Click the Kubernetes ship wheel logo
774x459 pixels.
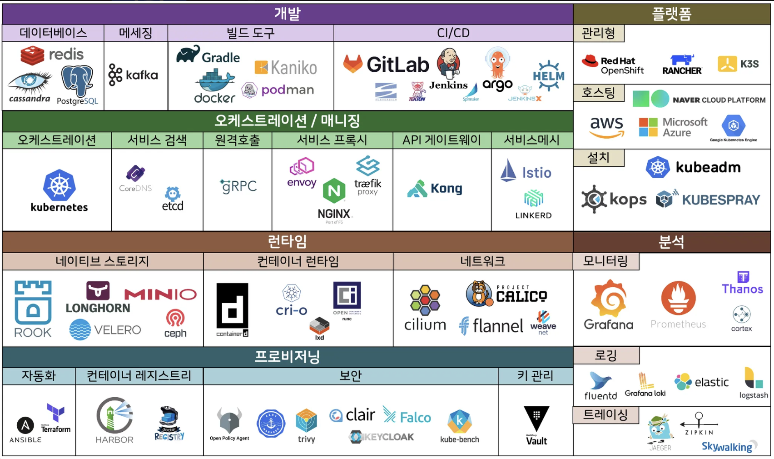pyautogui.click(x=59, y=185)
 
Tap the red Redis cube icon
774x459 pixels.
pyautogui.click(x=32, y=55)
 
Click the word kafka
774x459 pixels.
pyautogui.click(x=142, y=75)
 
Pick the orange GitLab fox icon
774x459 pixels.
pyautogui.click(x=352, y=64)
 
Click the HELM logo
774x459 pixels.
pyautogui.click(x=548, y=75)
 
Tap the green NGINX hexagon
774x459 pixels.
pyautogui.click(x=334, y=191)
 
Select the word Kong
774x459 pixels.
pyautogui.click(x=446, y=188)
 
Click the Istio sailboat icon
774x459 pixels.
pyautogui.click(x=508, y=171)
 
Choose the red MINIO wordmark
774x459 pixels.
pyautogui.click(x=160, y=294)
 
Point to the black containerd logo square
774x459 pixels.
pyautogui.click(x=232, y=305)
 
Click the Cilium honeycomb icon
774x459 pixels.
pyautogui.click(x=425, y=300)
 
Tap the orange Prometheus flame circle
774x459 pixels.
pyautogui.click(x=678, y=299)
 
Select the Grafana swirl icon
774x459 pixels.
pyautogui.click(x=609, y=298)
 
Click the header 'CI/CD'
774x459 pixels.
pyautogui.click(x=453, y=33)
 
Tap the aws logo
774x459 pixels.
pyautogui.click(x=606, y=126)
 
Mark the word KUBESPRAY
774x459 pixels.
pyautogui.click(x=720, y=200)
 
